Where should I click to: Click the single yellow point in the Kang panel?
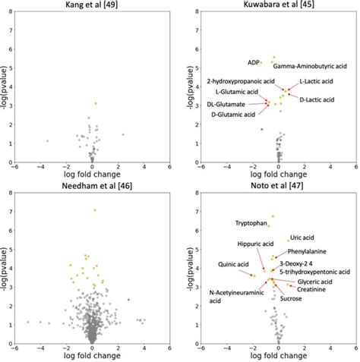click(95, 103)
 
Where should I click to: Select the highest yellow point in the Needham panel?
click(95, 210)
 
